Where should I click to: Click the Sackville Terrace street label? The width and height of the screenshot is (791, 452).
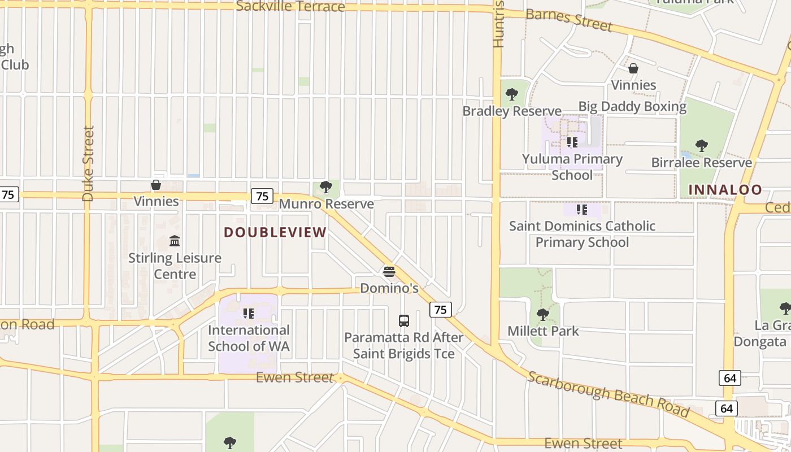290,6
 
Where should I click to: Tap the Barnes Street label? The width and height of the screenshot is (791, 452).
568,20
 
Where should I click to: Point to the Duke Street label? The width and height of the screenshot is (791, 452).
88,163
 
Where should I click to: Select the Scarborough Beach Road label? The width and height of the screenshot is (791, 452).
608,394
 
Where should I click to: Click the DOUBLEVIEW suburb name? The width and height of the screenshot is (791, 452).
275,232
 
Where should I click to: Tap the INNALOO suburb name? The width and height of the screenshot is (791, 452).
725,190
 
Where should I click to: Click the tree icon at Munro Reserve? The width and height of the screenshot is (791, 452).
325,187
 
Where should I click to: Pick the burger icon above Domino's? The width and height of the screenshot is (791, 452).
389,272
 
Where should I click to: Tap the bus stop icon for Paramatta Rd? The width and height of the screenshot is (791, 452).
403,321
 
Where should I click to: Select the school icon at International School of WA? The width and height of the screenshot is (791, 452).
249,313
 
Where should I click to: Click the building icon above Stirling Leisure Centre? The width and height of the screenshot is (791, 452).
175,241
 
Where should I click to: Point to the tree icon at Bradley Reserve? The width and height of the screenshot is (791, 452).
512,94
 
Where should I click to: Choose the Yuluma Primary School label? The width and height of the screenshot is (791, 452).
572,167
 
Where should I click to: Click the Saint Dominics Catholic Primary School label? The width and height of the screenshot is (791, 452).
582,234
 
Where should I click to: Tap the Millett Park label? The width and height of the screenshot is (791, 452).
543,331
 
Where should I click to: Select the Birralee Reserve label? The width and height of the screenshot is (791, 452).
702,163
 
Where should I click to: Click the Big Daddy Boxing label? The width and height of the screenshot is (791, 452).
632,106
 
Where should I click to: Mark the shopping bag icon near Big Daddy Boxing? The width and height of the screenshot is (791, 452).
633,68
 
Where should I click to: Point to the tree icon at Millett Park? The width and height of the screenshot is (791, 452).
542,314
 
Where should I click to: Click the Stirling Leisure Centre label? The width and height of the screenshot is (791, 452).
175,266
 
